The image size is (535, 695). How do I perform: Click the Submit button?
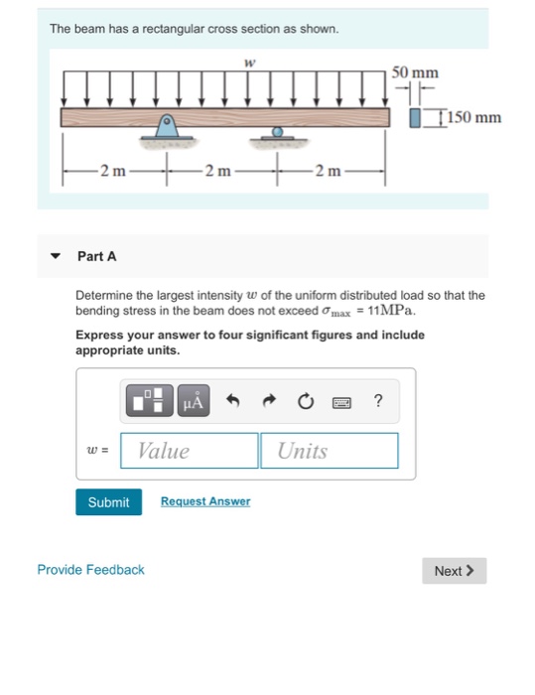108,502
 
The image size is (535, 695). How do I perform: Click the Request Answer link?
205,502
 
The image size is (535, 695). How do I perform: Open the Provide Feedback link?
90,570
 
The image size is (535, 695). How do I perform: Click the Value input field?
190,451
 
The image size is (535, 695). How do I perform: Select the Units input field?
330,451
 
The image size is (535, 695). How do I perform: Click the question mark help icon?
378,401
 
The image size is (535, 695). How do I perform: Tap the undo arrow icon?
233,402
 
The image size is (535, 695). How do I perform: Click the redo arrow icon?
270,402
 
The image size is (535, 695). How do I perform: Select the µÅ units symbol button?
193,402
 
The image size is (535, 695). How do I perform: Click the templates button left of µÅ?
149,402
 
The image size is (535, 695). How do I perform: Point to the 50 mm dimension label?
415,73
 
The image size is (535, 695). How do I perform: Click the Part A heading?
96,256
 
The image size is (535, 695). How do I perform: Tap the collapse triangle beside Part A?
57,256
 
